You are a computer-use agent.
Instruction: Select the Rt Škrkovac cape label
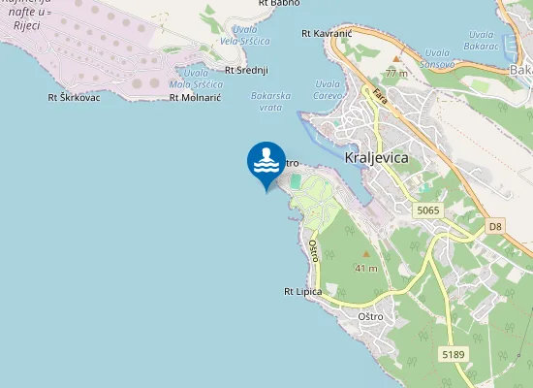(x=74, y=97)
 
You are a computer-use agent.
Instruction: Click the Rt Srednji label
(x=246, y=70)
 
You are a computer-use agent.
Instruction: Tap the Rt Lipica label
(x=302, y=291)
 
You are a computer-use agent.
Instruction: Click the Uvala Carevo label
(x=329, y=88)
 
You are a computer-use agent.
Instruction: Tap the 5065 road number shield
(x=427, y=210)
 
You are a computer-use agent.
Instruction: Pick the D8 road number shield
(x=495, y=226)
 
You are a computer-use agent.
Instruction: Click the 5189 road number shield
(x=453, y=355)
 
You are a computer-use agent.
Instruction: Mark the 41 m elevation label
(x=366, y=268)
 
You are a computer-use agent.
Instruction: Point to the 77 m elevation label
(x=395, y=73)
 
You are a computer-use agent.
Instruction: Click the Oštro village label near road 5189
(x=371, y=317)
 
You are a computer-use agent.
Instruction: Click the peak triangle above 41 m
(x=366, y=253)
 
